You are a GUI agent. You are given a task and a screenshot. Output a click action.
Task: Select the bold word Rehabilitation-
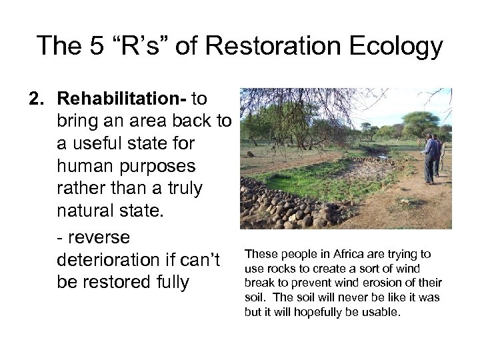pyautogui.click(x=123, y=99)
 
